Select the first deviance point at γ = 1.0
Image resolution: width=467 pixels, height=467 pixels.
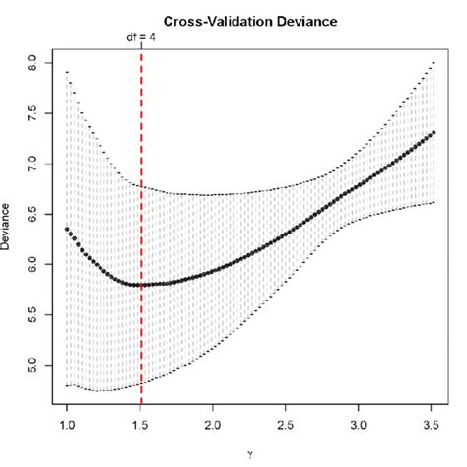click(67, 229)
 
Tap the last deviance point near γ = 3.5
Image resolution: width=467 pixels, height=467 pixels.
click(434, 132)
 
